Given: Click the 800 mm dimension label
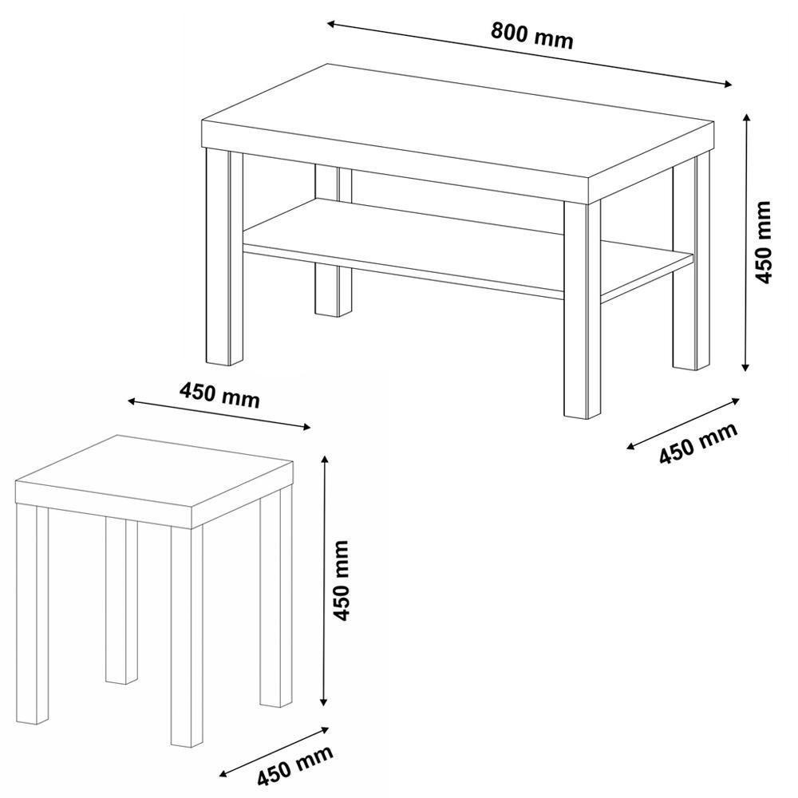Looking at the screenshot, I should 531,36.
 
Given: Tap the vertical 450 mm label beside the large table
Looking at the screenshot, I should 764,242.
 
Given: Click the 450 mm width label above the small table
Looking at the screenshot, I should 219,395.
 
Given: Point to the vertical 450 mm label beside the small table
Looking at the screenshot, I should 342,580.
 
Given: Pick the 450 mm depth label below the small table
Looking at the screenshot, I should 293,768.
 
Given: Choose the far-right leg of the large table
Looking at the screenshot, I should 690,263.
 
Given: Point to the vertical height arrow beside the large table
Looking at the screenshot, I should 746,242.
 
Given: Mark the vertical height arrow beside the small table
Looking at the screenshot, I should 324,580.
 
